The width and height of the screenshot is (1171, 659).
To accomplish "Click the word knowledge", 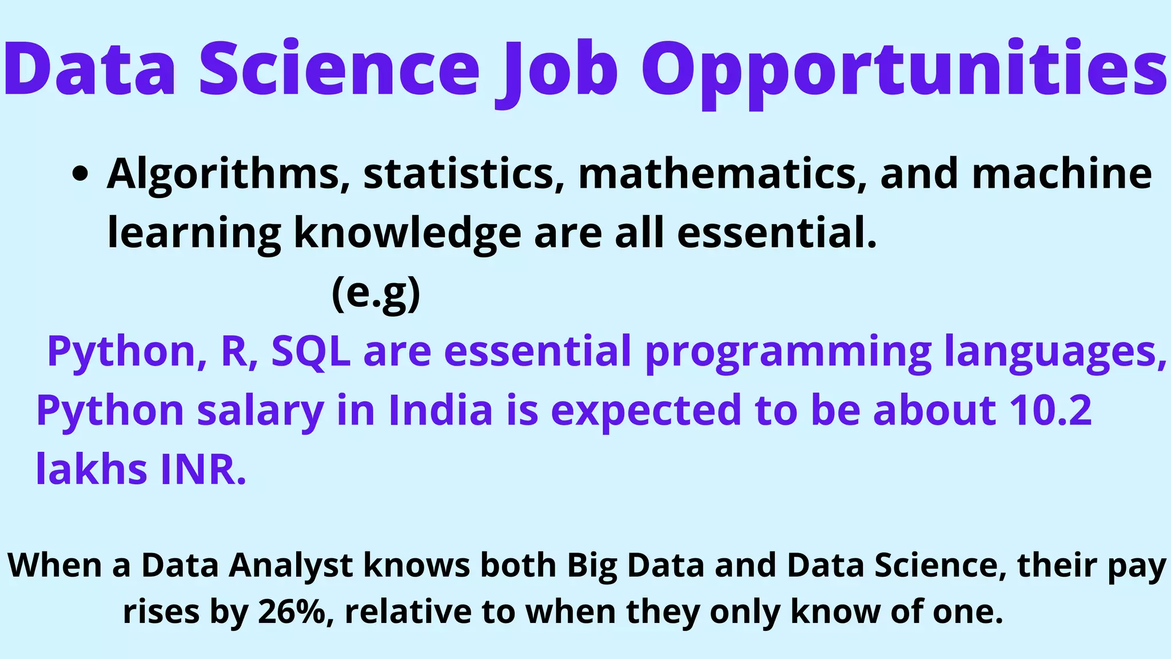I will click(x=407, y=233).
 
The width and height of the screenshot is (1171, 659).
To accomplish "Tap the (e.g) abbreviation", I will click(x=376, y=293).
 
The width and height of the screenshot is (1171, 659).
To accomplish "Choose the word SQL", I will click(x=310, y=351).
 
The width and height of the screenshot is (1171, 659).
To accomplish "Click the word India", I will click(x=440, y=411).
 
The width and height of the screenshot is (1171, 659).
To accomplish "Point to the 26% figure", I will click(x=296, y=611).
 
